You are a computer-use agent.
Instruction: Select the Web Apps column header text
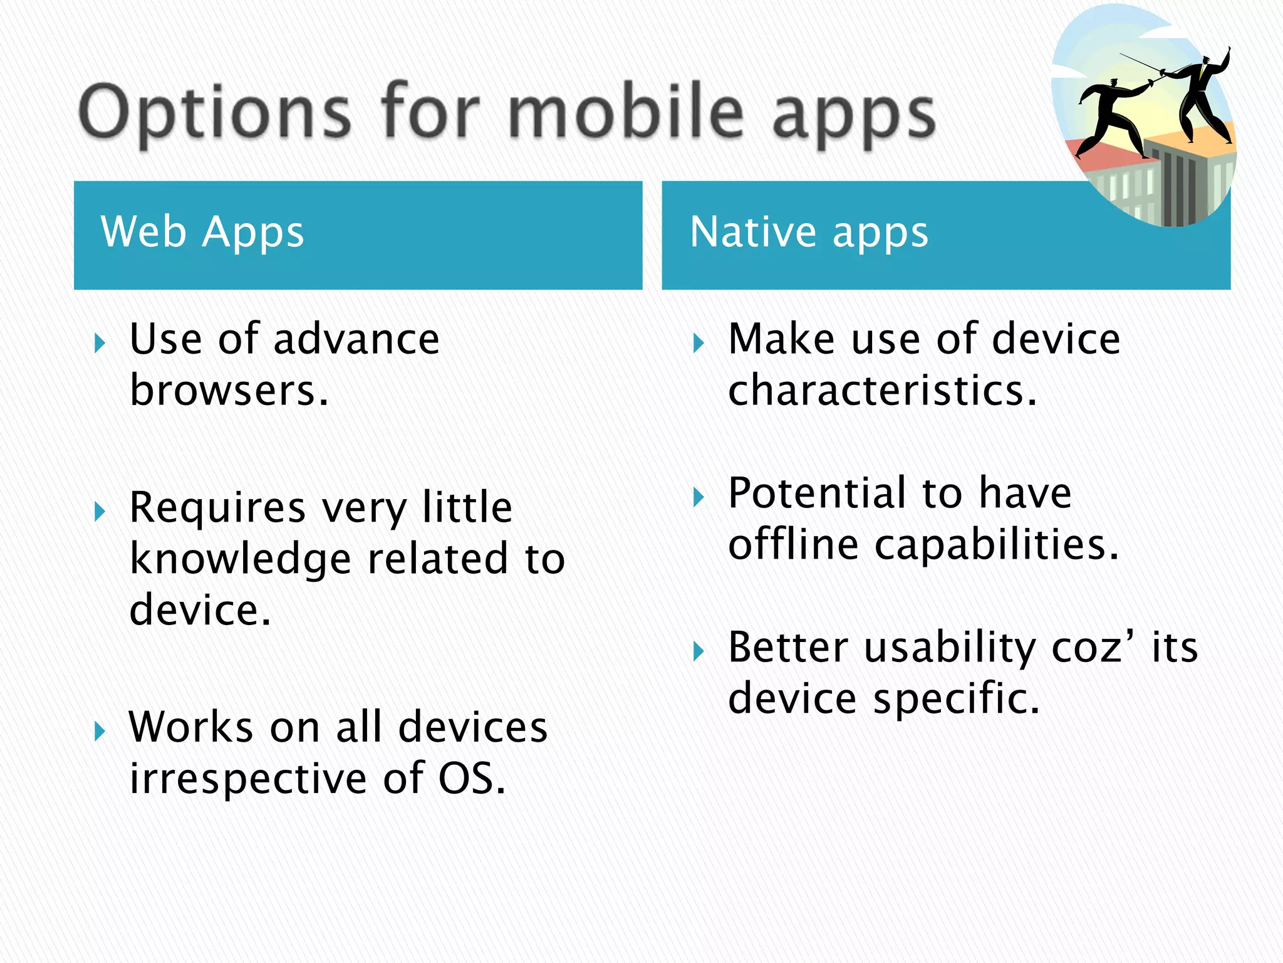pyautogui.click(x=202, y=232)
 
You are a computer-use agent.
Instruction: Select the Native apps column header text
pyautogui.click(x=808, y=232)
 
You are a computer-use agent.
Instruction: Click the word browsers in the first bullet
pyautogui.click(x=229, y=391)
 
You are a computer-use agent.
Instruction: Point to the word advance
pyautogui.click(x=356, y=339)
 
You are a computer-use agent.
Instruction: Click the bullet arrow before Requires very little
pyautogui.click(x=100, y=510)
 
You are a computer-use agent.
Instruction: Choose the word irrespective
pyautogui.click(x=248, y=779)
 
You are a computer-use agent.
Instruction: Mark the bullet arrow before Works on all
pyautogui.click(x=100, y=730)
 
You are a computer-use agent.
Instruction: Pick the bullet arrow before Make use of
pyautogui.click(x=699, y=343)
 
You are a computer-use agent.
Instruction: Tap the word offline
pyautogui.click(x=793, y=544)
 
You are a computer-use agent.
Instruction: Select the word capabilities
pyautogui.click(x=996, y=544)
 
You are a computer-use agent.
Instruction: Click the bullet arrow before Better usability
pyautogui.click(x=699, y=651)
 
